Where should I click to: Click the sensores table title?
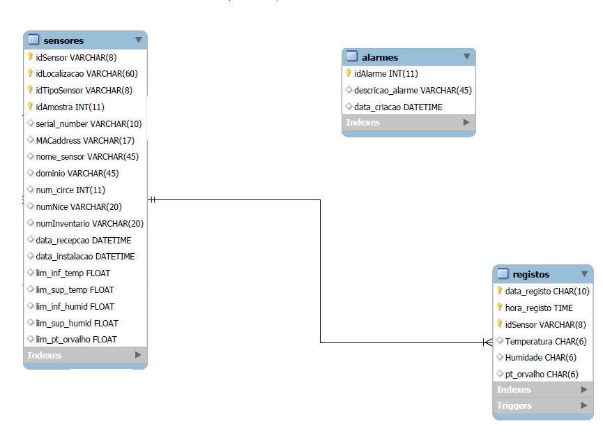click(63, 40)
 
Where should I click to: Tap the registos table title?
click(531, 274)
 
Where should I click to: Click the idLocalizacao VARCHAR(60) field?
click(86, 73)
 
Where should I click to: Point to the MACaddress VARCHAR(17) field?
click(85, 140)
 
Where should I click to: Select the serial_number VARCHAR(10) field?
click(89, 123)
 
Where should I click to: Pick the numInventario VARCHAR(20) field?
click(89, 223)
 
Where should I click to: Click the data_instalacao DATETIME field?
click(85, 256)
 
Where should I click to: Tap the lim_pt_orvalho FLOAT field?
click(76, 339)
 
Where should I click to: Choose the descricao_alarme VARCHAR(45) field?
click(413, 90)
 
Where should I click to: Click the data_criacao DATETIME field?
click(397, 107)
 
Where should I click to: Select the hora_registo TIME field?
click(539, 307)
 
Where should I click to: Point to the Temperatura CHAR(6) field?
click(546, 340)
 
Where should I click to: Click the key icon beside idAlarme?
click(349, 73)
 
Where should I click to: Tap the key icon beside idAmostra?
click(30, 107)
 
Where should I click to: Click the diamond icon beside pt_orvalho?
click(499, 374)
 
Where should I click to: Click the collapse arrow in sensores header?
click(138, 40)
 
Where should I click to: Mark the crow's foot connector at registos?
click(487, 342)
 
